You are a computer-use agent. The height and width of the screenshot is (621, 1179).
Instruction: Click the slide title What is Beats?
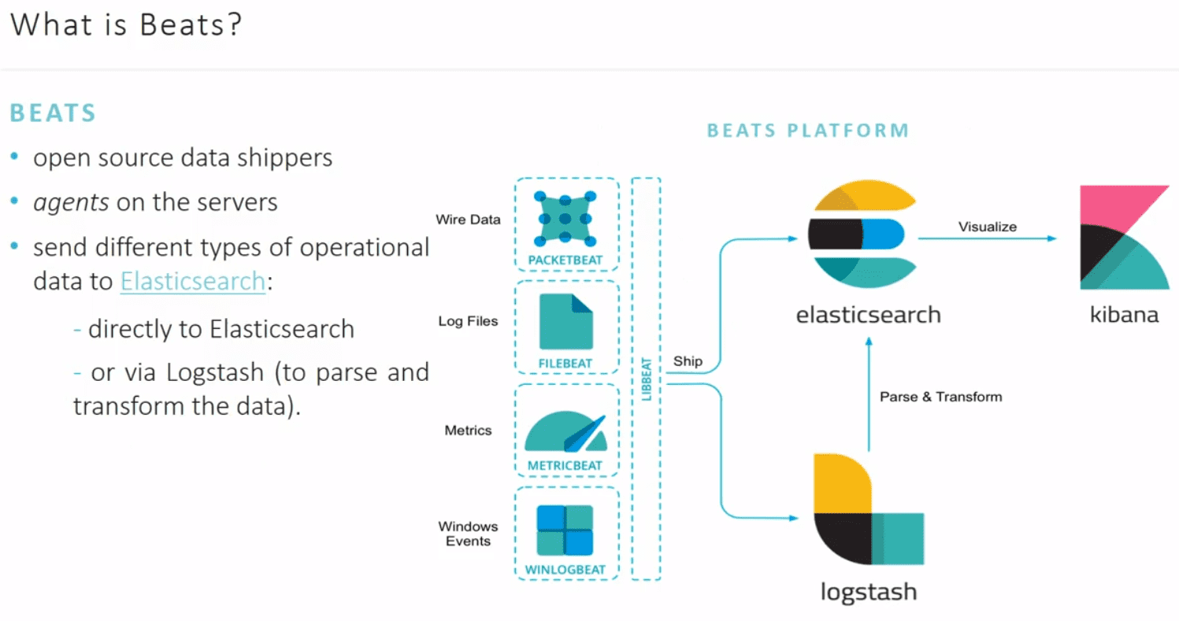[126, 25]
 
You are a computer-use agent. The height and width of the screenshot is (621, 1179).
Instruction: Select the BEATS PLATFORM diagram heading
[807, 130]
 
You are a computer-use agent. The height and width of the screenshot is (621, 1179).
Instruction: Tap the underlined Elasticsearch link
[192, 281]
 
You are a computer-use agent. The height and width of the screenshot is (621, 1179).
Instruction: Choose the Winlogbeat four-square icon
[565, 530]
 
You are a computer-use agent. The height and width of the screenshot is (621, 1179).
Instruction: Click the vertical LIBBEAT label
[647, 378]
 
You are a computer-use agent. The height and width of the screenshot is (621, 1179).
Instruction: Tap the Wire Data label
[468, 220]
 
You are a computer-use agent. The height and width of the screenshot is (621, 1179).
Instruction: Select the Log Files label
[468, 321]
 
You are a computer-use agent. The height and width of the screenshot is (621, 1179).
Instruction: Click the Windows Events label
[468, 534]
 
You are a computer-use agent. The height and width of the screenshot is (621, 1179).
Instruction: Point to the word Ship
[688, 361]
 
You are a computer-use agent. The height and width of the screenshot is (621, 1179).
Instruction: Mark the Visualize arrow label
[987, 227]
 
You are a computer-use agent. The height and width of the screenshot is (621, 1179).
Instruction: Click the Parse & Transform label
[940, 397]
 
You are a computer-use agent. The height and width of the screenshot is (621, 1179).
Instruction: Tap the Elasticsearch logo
[863, 235]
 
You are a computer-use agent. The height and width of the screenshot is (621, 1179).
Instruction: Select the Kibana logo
[1124, 238]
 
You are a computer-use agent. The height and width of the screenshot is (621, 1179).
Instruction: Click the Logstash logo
[867, 509]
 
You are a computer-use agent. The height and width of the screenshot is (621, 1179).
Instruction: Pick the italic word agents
[71, 202]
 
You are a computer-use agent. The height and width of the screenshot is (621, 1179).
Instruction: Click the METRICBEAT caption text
[565, 465]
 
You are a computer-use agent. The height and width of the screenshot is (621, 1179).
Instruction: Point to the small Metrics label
[468, 431]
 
